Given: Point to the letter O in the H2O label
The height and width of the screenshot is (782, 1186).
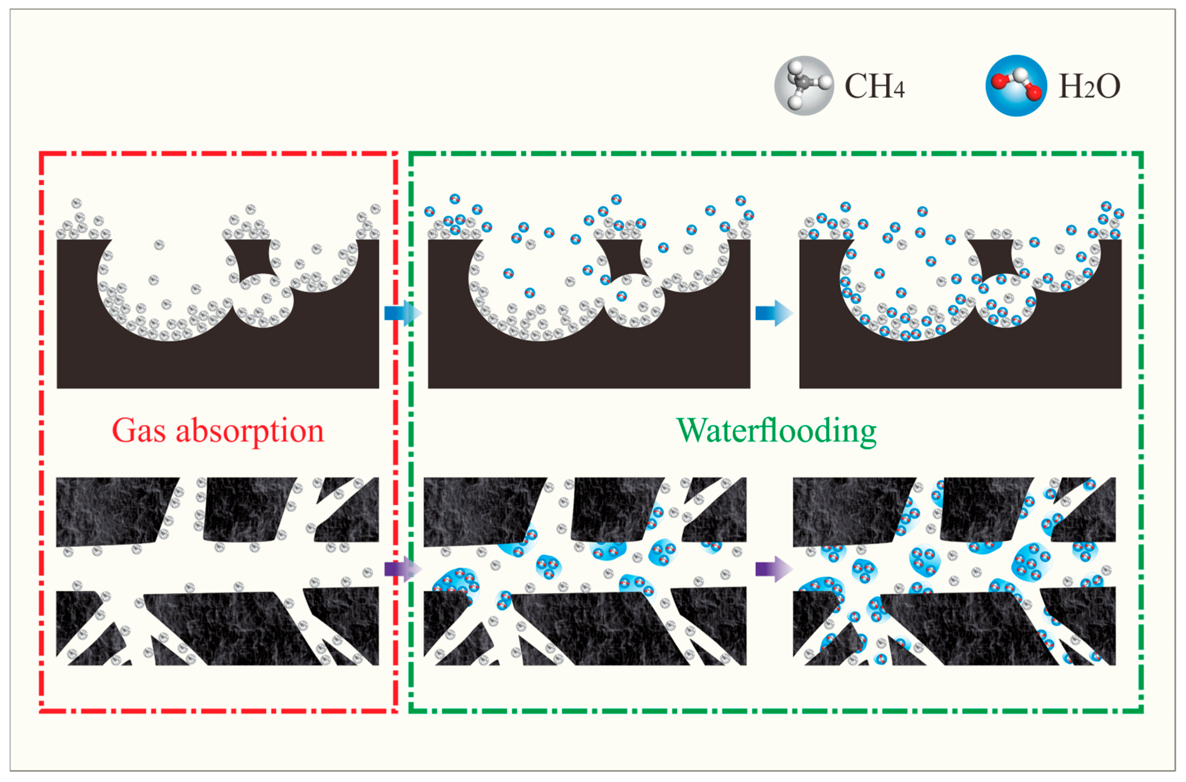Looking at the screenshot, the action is (1108, 86).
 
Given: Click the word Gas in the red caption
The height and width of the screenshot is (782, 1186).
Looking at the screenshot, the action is (138, 431).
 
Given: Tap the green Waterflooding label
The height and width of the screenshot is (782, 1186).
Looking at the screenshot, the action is (776, 431).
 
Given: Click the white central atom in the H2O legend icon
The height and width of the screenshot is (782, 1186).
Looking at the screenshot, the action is (1020, 76).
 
